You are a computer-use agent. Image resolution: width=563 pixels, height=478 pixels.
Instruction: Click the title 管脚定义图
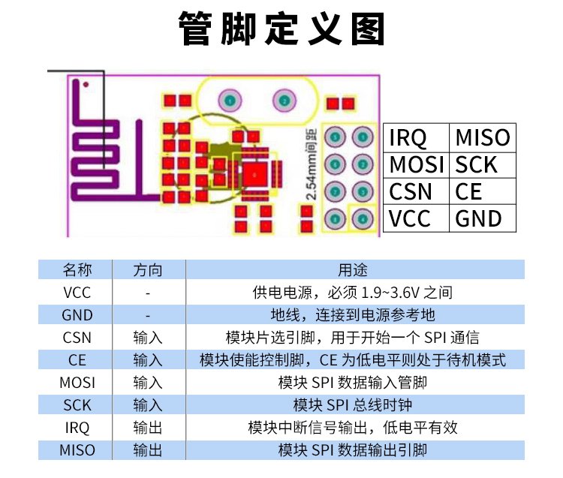281,30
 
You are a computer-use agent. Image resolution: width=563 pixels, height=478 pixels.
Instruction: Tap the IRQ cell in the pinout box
408,138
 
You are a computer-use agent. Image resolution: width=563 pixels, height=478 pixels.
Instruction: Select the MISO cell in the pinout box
483,138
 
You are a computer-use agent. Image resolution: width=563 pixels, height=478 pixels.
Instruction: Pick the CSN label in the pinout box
411,191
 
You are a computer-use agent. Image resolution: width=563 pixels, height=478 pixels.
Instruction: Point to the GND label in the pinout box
478,218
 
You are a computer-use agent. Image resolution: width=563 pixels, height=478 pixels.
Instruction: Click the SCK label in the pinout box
477,164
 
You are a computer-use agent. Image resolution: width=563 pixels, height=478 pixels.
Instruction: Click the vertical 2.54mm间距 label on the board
309,164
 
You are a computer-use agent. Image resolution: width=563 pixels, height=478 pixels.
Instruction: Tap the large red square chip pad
254,174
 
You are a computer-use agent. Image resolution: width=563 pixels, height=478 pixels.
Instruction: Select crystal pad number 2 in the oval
284,100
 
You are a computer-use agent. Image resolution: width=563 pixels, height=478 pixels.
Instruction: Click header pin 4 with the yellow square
363,218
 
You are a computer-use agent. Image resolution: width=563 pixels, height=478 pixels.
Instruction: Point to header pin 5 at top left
336,137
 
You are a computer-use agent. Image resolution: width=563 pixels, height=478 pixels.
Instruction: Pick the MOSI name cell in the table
77,383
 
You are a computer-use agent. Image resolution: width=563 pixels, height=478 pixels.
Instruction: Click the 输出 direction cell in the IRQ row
148,428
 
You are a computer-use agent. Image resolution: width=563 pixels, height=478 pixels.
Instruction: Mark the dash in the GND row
148,315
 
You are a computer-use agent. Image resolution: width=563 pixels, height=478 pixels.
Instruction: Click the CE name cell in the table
77,360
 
